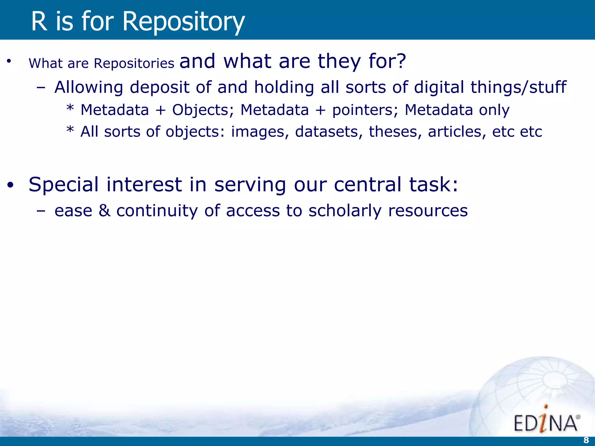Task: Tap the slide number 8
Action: click(x=586, y=440)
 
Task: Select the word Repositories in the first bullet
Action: click(x=134, y=63)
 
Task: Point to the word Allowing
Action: click(x=89, y=87)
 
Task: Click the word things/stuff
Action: click(x=518, y=87)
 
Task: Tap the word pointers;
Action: click(x=365, y=110)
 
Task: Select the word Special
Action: click(x=64, y=185)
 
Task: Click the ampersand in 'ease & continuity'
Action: click(x=104, y=211)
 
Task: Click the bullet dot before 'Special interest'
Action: click(x=10, y=186)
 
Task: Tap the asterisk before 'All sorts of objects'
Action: click(x=70, y=130)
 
